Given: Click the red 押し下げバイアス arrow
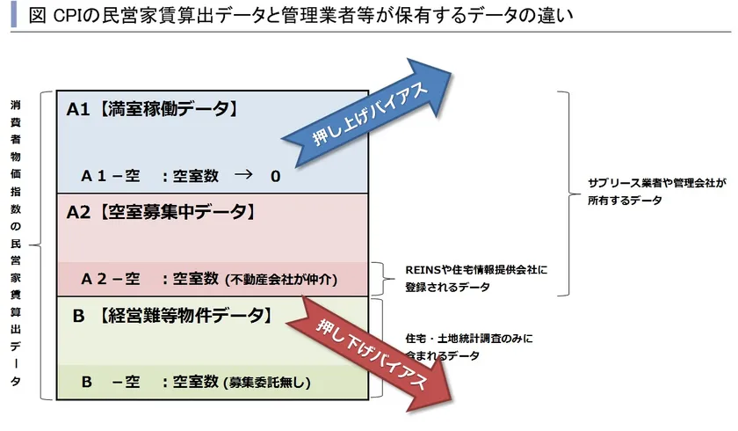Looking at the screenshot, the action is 369,354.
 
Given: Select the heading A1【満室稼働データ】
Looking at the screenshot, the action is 153,109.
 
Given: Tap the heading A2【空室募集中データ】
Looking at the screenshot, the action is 162,212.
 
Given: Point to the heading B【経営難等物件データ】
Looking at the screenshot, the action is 173,316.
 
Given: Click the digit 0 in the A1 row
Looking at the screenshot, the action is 276,176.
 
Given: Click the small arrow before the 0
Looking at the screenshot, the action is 243,175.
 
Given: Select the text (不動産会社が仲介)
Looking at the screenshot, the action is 281,280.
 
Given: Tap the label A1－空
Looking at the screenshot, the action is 111,176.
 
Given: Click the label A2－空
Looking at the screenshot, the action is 111,279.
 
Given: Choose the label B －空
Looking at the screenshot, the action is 111,382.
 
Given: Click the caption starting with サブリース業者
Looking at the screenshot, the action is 656,192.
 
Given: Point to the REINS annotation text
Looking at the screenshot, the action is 476,278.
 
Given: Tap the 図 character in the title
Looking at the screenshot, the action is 37,16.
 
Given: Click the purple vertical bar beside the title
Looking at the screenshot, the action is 14,14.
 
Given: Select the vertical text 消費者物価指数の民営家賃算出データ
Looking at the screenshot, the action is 16,243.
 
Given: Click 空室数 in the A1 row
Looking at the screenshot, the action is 195,176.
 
